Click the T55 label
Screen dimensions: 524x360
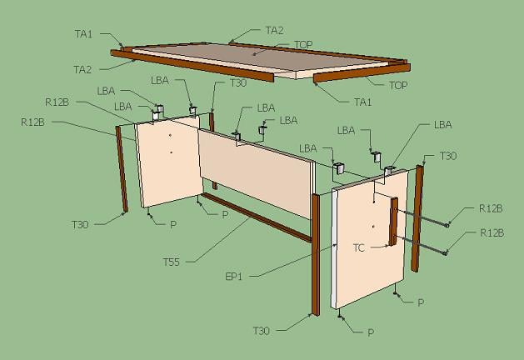click(x=172, y=262)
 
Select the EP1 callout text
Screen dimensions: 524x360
click(x=234, y=277)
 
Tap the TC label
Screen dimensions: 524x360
click(x=358, y=248)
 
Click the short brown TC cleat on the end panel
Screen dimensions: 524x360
click(x=393, y=222)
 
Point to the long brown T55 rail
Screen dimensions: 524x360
click(x=257, y=217)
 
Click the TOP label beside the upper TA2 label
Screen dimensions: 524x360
click(x=303, y=44)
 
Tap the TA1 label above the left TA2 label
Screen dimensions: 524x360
click(x=83, y=34)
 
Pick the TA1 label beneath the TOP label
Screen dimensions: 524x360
click(x=363, y=102)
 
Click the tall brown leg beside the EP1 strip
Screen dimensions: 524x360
click(x=316, y=255)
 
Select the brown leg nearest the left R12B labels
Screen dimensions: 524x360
click(x=122, y=169)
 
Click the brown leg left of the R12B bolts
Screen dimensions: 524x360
click(x=417, y=218)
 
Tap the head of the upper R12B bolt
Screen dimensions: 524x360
click(x=447, y=225)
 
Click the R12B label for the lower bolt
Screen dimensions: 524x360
click(x=492, y=232)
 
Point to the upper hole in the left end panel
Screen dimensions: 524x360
click(x=170, y=135)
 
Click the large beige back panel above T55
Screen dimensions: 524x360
click(x=257, y=173)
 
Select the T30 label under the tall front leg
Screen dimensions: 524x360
click(x=262, y=331)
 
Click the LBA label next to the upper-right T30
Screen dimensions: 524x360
click(x=443, y=125)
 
